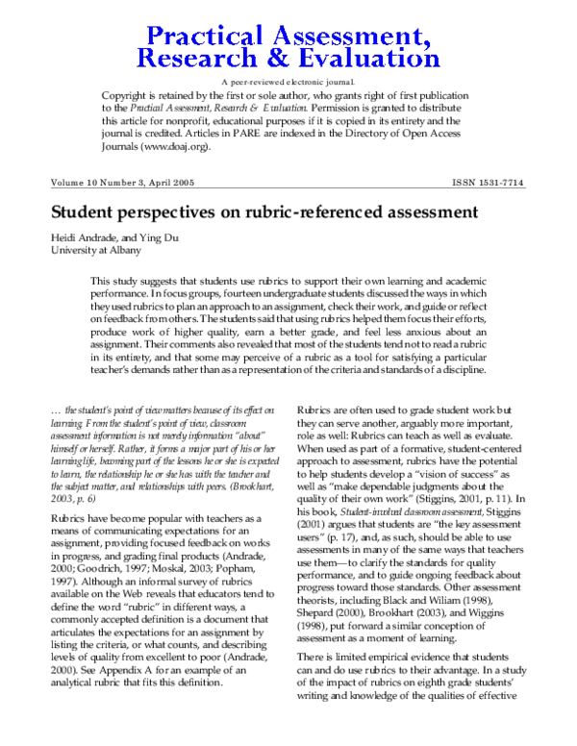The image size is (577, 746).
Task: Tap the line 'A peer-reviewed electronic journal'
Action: [288, 85]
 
